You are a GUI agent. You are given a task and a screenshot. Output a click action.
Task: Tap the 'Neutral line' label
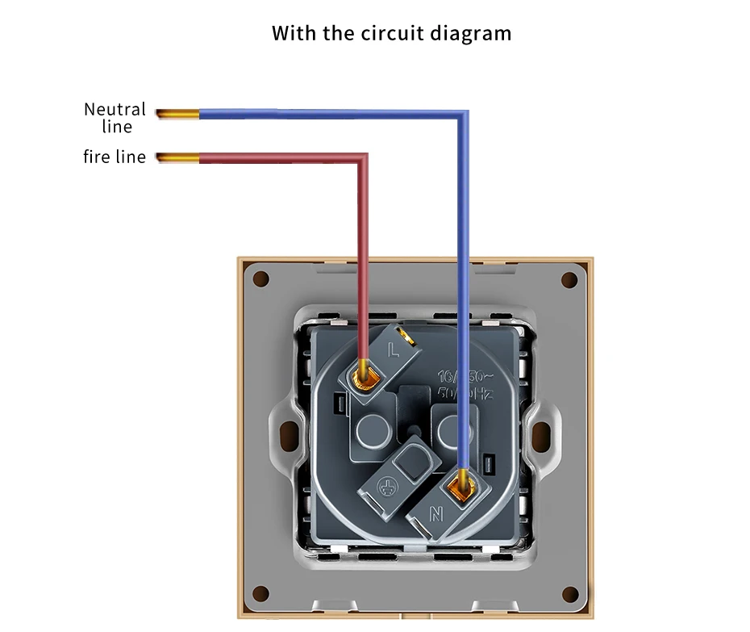[115, 117]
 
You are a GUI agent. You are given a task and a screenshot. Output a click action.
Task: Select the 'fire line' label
[115, 157]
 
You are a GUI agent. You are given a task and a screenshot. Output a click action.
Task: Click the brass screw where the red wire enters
[365, 375]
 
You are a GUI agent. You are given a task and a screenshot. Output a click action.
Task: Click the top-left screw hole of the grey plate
[260, 279]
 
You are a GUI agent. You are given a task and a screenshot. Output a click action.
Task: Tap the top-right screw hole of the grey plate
[569, 280]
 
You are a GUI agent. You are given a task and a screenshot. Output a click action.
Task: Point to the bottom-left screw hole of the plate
[260, 594]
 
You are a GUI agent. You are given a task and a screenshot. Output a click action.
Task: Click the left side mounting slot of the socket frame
[288, 436]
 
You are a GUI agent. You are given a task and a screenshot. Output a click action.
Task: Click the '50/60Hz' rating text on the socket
[464, 393]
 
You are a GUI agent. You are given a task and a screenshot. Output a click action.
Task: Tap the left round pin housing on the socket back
[372, 430]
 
